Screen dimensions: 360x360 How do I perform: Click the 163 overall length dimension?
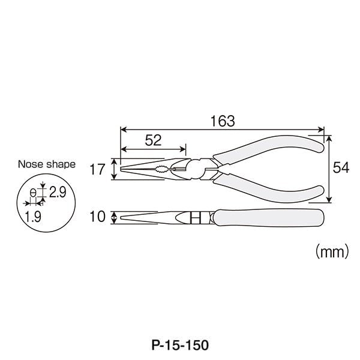(223, 121)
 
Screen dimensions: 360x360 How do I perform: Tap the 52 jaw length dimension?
(153, 140)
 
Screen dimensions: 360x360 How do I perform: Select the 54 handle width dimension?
(341, 167)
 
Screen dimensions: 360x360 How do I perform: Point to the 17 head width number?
(97, 169)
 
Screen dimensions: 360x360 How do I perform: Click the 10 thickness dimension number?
(97, 217)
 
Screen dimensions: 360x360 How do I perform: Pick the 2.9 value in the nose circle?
(58, 192)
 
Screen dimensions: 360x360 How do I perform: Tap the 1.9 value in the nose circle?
(33, 217)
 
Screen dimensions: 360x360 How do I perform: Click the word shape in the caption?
(61, 164)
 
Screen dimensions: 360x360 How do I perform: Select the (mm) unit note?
(332, 251)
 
